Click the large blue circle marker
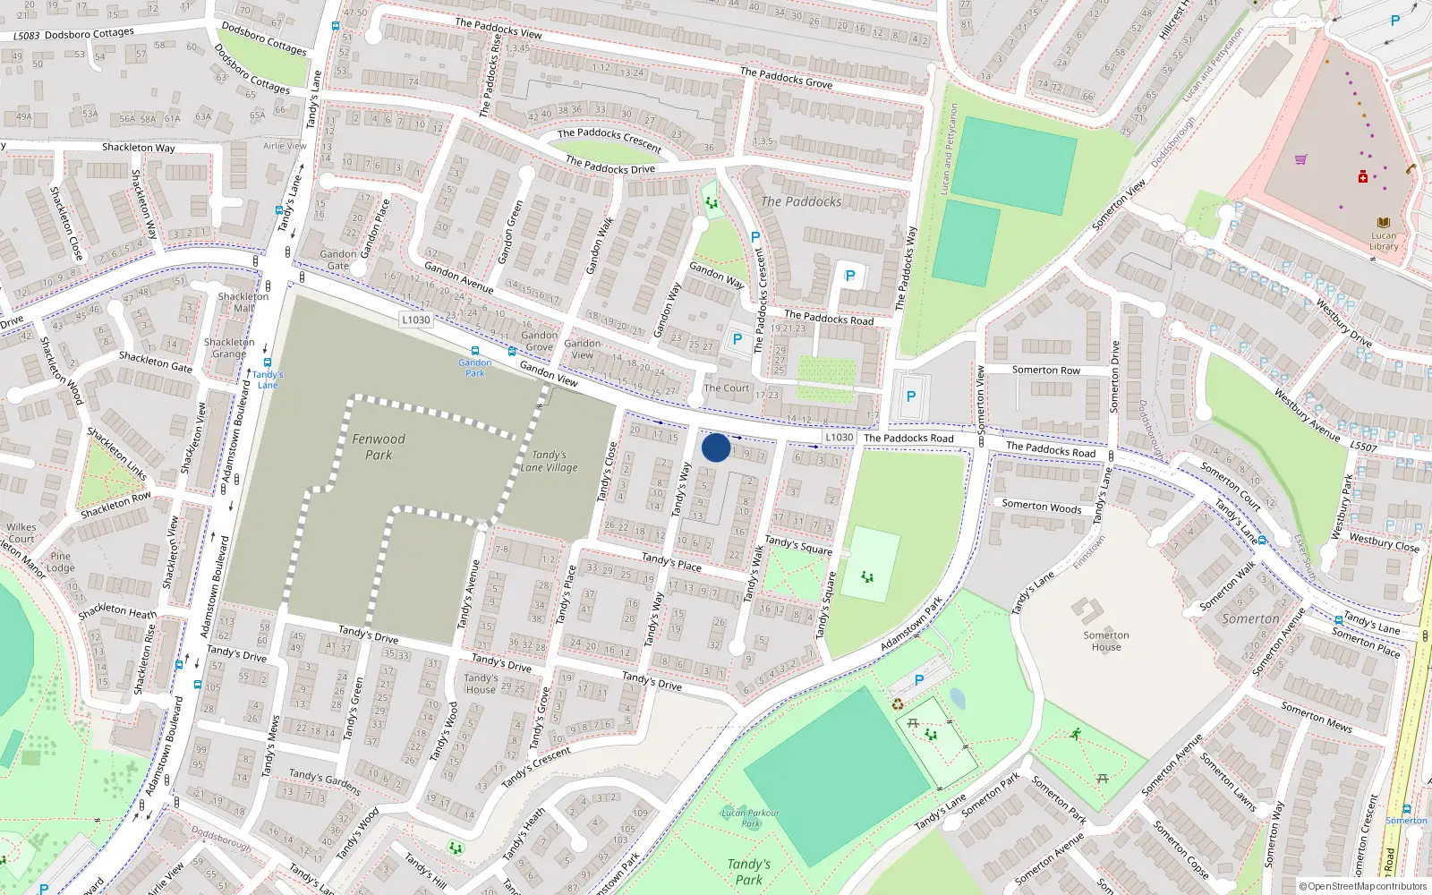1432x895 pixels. click(x=716, y=447)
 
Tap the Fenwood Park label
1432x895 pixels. click(x=379, y=447)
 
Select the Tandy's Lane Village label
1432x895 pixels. click(x=549, y=461)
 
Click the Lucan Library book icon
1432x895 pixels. click(x=1384, y=223)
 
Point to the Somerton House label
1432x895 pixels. click(x=1106, y=641)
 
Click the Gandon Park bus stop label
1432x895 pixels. click(x=475, y=367)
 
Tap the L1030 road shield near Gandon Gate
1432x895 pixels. click(x=415, y=320)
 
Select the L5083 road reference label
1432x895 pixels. click(x=27, y=36)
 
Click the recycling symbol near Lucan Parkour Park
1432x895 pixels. click(x=898, y=704)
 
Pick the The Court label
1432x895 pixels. click(x=726, y=388)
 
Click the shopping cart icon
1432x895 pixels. click(x=1300, y=159)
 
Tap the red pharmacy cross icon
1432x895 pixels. click(x=1363, y=176)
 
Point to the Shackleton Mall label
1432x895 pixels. click(x=243, y=302)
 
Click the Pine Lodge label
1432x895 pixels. click(x=60, y=562)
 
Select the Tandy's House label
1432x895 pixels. click(x=481, y=684)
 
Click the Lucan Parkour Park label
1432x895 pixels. click(x=750, y=818)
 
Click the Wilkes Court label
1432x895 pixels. click(x=21, y=533)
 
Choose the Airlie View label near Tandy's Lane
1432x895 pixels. click(x=285, y=146)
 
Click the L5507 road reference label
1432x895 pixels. click(x=1363, y=447)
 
